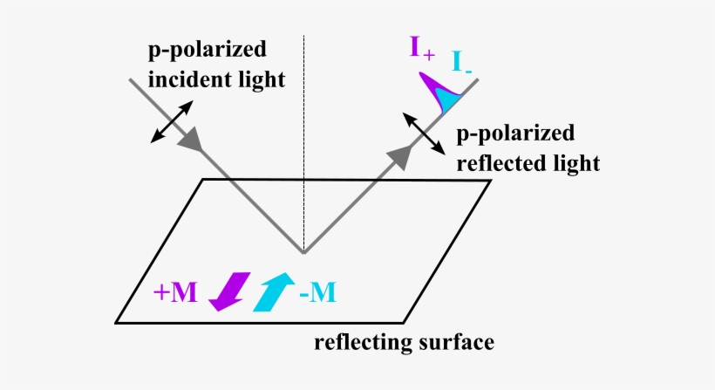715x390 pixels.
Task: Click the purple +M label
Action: pos(174,293)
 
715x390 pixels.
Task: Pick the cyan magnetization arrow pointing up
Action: pos(274,291)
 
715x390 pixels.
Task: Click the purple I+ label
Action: pos(422,47)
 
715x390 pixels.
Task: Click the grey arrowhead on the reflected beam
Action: pos(399,154)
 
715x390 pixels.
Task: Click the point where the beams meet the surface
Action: pos(303,253)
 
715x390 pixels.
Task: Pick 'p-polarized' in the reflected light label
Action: pos(516,133)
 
